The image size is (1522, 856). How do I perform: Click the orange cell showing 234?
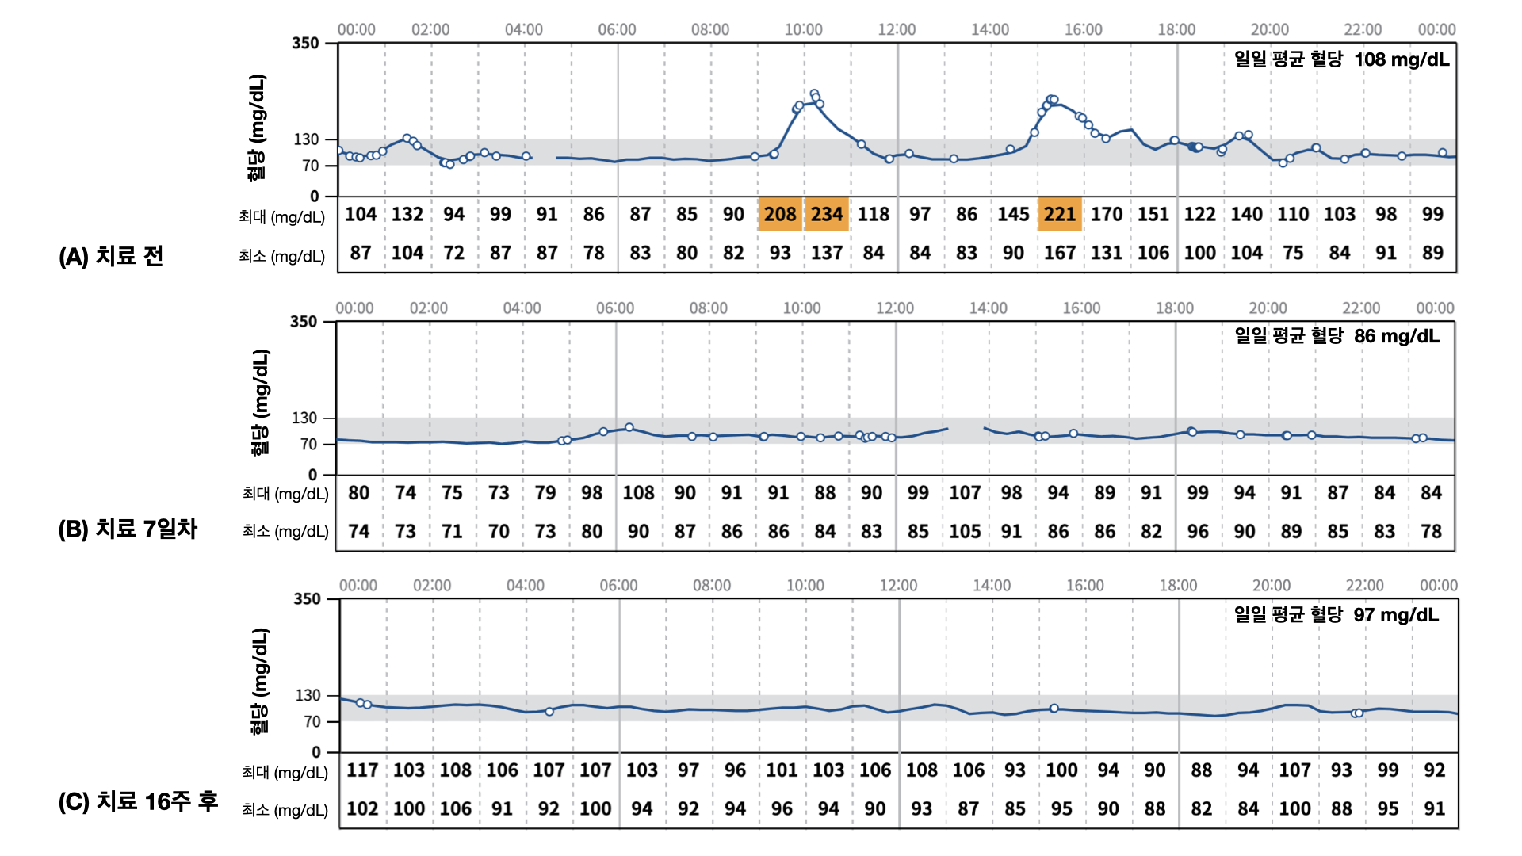coord(827,214)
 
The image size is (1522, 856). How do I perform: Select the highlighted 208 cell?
coord(780,214)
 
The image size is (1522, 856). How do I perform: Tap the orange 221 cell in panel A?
coord(1060,214)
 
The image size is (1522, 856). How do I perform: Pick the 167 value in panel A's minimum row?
coord(1060,253)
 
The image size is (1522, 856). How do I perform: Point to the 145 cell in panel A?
coord(1013,214)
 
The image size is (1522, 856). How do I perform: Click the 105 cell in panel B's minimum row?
coord(965,531)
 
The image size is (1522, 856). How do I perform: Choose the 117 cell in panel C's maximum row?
coord(362,770)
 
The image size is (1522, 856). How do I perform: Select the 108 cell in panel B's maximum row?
coord(638,493)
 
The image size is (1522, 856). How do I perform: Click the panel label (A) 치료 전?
coord(111,256)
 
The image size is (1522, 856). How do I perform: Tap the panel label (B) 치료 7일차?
coord(128,529)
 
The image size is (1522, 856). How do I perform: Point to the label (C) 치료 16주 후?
coord(138,801)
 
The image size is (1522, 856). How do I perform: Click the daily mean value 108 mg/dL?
coord(1401,59)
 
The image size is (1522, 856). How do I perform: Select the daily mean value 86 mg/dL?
coord(1396,336)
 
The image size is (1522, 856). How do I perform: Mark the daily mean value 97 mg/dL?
coord(1395,615)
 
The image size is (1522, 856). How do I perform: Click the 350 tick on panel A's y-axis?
coord(305,43)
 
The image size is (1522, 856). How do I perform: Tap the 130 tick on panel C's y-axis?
coord(308,695)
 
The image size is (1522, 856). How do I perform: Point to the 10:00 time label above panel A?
coord(803,29)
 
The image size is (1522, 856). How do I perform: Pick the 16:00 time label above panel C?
coord(1084,586)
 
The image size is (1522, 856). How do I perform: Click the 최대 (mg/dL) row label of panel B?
coord(285,494)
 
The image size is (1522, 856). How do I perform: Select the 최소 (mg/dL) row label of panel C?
coord(285,809)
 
